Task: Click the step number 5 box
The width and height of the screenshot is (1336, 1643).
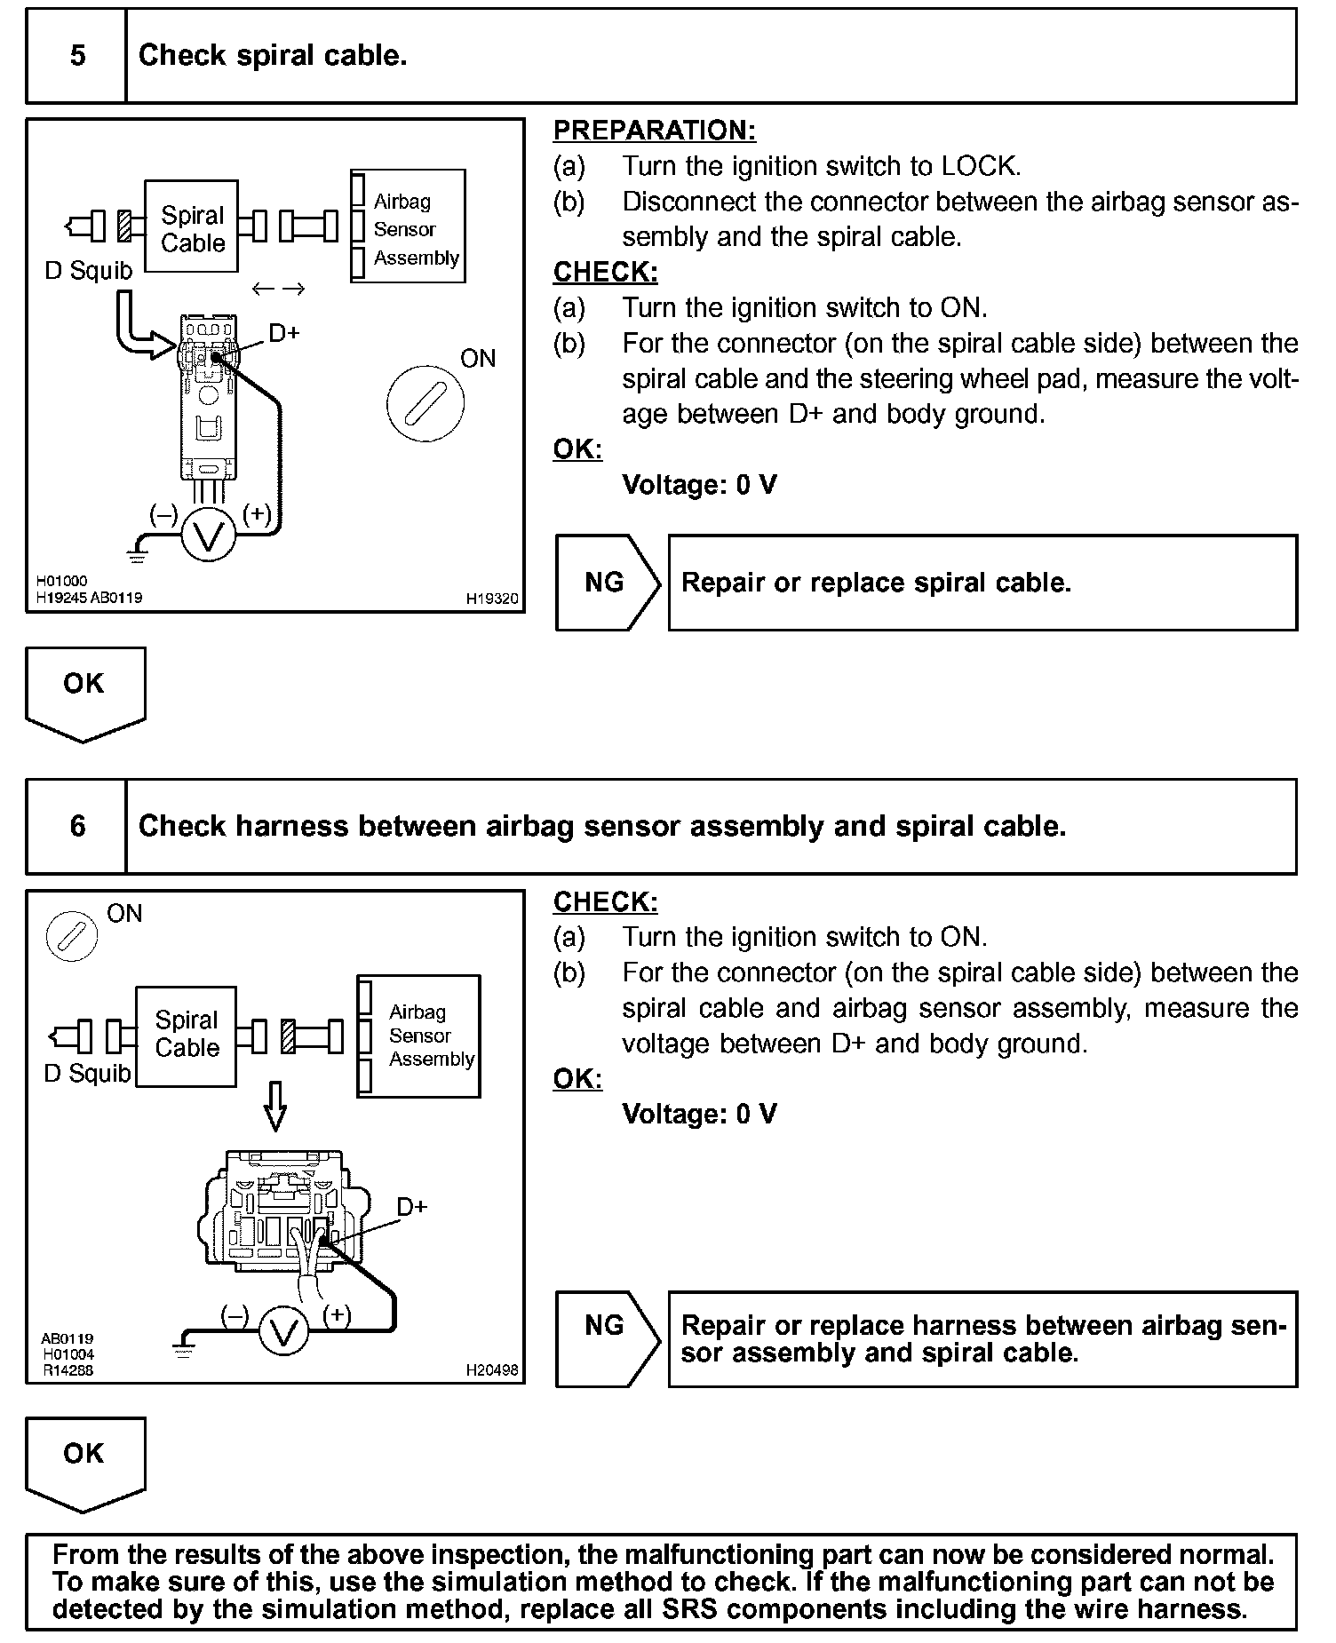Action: (77, 56)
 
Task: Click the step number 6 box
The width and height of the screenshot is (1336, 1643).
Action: (77, 826)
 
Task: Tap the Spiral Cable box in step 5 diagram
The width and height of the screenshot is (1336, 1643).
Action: (192, 227)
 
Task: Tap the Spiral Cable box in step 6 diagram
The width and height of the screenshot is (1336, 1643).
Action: (187, 1035)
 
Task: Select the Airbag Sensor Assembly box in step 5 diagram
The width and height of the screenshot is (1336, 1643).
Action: (409, 226)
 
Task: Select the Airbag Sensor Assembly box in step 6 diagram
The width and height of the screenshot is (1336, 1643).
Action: (419, 1036)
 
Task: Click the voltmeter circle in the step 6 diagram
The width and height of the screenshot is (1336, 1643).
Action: (283, 1333)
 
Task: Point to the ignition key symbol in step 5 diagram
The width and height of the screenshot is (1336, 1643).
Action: (425, 404)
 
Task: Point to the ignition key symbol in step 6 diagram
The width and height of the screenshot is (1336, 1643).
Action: (71, 936)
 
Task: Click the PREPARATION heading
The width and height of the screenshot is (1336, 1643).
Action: (654, 131)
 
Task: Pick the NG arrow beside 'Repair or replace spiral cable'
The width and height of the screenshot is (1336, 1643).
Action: (607, 583)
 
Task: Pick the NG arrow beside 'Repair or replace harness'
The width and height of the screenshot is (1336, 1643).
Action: (607, 1339)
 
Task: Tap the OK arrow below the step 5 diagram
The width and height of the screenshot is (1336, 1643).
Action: (84, 691)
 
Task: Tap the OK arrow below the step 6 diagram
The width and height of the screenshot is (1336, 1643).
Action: (84, 1462)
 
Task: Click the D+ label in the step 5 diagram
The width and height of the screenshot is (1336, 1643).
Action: (284, 333)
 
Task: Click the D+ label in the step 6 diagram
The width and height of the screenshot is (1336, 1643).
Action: (412, 1206)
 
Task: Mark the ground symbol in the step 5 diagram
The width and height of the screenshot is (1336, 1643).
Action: (137, 556)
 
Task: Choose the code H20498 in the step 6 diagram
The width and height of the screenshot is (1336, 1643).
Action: (492, 1370)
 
